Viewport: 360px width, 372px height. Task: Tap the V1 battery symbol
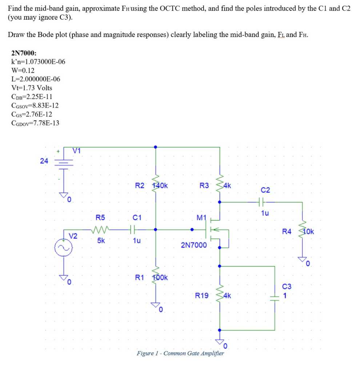pos(64,161)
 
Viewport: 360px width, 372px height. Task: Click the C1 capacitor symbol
pos(132,230)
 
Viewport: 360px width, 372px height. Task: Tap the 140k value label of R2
pos(160,186)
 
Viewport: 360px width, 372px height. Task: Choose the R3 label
pos(204,186)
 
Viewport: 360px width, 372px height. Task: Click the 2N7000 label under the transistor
pos(194,245)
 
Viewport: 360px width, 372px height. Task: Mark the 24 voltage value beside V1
pos(44,161)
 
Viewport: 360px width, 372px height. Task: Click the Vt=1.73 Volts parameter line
pos(32,88)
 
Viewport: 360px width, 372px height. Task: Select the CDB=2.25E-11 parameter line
pos(32,97)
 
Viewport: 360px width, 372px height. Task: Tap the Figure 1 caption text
pos(180,353)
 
